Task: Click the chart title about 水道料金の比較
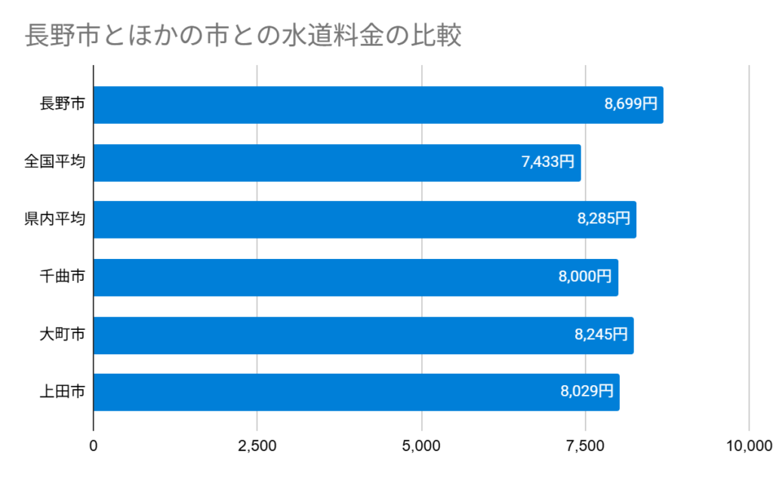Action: coord(243,35)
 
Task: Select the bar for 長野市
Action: coord(377,105)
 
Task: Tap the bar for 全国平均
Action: coord(337,162)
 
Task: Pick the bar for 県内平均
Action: coord(365,220)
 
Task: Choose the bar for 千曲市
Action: coord(356,277)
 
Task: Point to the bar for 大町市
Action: coord(363,335)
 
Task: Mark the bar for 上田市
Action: coord(356,392)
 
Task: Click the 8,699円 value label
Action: coord(631,105)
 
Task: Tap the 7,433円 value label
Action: coord(548,162)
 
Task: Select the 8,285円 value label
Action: coord(604,220)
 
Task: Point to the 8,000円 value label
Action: coord(585,277)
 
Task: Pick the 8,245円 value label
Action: coord(601,335)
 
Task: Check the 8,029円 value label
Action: coord(587,392)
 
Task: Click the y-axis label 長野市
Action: coord(62,105)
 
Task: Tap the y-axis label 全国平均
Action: coord(54,162)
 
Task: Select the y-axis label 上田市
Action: coord(62,392)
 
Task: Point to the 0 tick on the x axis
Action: coord(94,446)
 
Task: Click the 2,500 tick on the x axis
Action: coord(257,446)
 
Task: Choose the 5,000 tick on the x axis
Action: coord(421,446)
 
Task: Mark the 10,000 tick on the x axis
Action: coord(747,446)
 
